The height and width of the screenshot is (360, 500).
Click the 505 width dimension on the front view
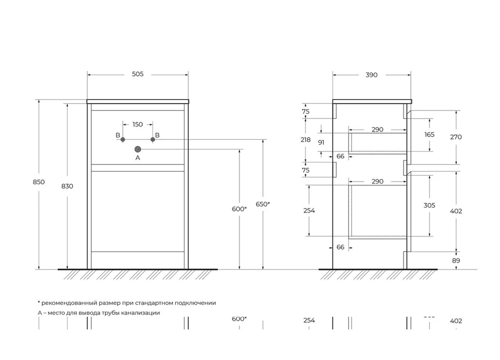[x=137, y=74]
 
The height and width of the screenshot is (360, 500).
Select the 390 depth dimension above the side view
[x=371, y=75]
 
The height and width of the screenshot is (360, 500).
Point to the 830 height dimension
[x=67, y=186]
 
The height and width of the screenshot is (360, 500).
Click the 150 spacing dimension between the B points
[x=137, y=124]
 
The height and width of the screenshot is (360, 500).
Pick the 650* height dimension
[x=262, y=204]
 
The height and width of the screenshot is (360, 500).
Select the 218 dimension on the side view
[x=305, y=140]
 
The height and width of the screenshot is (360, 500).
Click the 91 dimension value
[x=321, y=142]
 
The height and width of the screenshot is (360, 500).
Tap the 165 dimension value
[x=429, y=134]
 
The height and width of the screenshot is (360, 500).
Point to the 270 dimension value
[x=456, y=136]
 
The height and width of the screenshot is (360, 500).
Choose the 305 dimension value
[x=429, y=205]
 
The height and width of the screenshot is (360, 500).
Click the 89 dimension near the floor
[x=456, y=260]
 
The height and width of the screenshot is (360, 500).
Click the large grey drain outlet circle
[x=138, y=149]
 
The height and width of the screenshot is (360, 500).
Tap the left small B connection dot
[x=122, y=140]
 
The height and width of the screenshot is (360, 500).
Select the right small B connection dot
[x=153, y=140]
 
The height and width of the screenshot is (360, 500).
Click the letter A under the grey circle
[x=138, y=158]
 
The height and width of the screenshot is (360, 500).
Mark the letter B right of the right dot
[x=157, y=135]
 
